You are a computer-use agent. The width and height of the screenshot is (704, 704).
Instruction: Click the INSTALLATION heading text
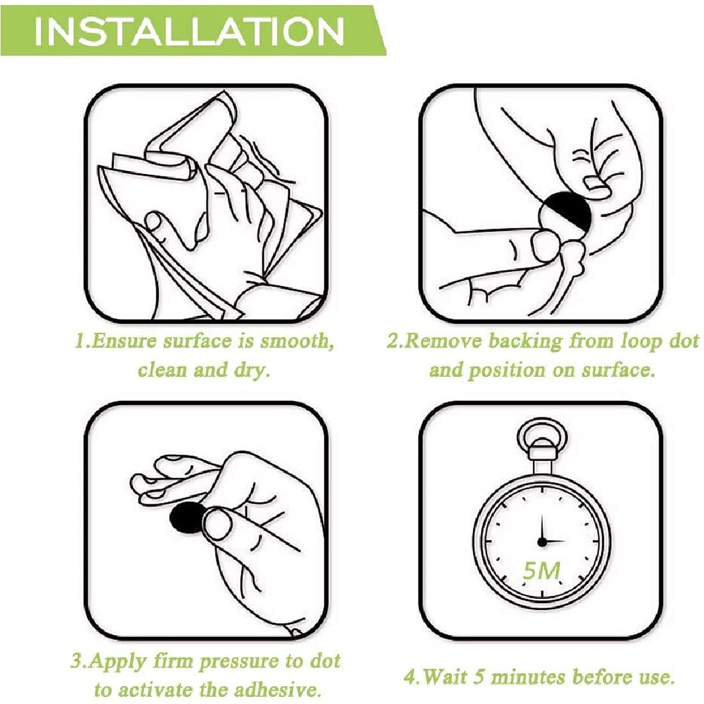[189, 31]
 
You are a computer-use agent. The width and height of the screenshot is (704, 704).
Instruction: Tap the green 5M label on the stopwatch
[542, 571]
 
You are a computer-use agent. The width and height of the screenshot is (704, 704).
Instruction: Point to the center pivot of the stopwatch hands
[542, 542]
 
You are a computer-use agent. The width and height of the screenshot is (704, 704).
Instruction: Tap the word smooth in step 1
[298, 342]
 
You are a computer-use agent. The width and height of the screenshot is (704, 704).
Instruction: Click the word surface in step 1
[196, 342]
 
